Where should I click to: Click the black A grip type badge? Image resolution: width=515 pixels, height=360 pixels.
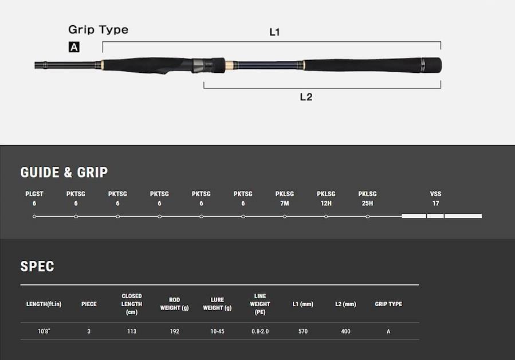click(74, 47)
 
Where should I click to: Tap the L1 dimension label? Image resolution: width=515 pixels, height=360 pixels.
click(274, 32)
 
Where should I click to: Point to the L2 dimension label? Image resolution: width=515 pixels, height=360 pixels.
click(306, 97)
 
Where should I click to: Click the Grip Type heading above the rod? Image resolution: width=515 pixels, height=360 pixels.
click(98, 30)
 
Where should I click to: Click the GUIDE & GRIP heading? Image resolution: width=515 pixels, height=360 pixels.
click(64, 173)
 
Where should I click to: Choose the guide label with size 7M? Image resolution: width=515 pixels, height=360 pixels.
click(285, 198)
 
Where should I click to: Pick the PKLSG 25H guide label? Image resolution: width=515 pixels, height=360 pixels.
click(367, 198)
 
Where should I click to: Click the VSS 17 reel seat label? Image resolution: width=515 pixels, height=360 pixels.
click(435, 198)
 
